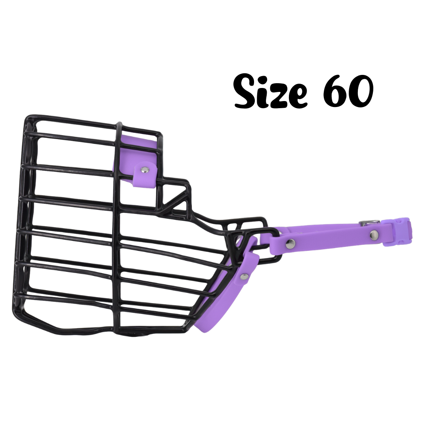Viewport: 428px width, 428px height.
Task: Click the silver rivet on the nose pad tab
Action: pyautogui.click(x=145, y=170)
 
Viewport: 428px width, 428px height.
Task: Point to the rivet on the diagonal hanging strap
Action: pyautogui.click(x=243, y=276)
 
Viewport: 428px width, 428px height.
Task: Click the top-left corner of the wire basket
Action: pyautogui.click(x=29, y=118)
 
